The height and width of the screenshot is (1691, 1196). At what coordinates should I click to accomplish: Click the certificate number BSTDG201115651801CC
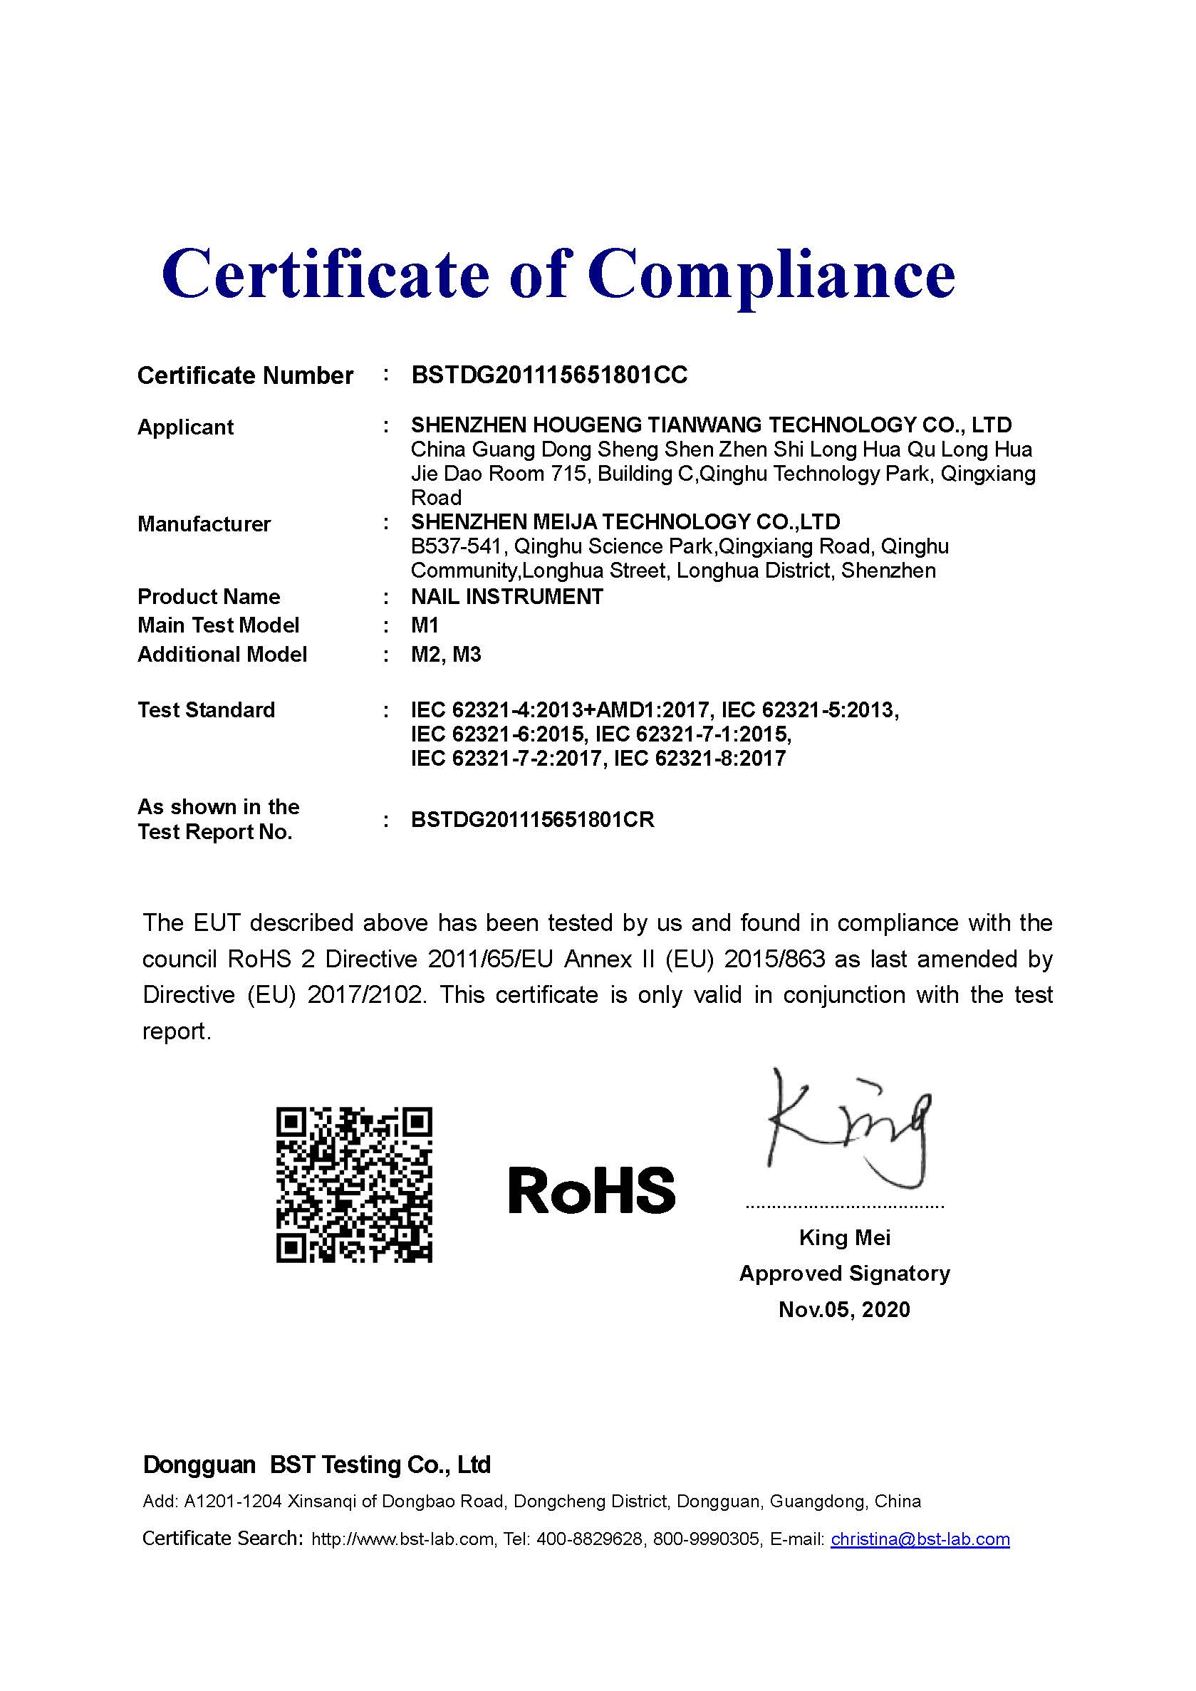pyautogui.click(x=548, y=375)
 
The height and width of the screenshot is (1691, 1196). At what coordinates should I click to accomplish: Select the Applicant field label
pyautogui.click(x=186, y=427)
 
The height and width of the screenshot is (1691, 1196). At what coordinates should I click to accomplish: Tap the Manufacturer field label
pyautogui.click(x=204, y=524)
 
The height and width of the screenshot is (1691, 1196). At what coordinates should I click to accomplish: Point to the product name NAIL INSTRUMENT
pyautogui.click(x=506, y=597)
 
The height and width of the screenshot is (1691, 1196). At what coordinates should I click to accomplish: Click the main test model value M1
pyautogui.click(x=425, y=625)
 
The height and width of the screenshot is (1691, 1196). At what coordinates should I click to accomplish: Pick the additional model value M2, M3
pyautogui.click(x=445, y=654)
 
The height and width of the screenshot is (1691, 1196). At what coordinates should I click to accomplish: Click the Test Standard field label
pyautogui.click(x=206, y=710)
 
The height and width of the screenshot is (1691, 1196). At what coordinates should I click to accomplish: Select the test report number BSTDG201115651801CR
pyautogui.click(x=532, y=820)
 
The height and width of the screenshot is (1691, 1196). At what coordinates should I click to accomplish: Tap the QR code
pyautogui.click(x=354, y=1185)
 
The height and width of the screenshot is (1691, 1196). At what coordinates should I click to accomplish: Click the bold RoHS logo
pyautogui.click(x=591, y=1191)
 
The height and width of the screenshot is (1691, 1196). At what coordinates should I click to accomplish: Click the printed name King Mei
pyautogui.click(x=845, y=1237)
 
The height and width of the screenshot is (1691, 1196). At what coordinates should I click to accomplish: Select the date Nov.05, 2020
pyautogui.click(x=844, y=1308)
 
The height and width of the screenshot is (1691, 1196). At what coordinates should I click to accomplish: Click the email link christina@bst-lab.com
pyautogui.click(x=920, y=1539)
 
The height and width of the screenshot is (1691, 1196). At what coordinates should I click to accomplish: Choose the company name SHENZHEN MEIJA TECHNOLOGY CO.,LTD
pyautogui.click(x=625, y=522)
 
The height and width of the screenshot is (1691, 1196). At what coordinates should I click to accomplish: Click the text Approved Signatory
pyautogui.click(x=844, y=1274)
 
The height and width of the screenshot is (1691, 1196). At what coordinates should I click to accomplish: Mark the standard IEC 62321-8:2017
pyautogui.click(x=699, y=759)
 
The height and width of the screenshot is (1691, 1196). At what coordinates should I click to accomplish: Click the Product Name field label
pyautogui.click(x=209, y=597)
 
